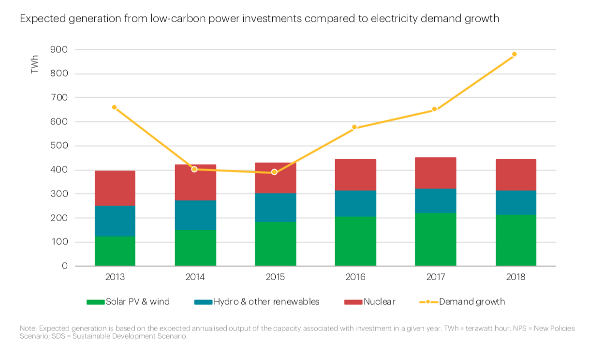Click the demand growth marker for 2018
[x=514, y=54]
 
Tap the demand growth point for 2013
[x=114, y=107]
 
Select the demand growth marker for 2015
[x=274, y=172]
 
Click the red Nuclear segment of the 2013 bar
[x=115, y=188]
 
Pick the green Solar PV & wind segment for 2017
[x=435, y=239]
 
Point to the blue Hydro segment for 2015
[x=275, y=208]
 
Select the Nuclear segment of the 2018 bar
[x=516, y=175]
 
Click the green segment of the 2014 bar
[x=195, y=248]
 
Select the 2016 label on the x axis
[x=355, y=277]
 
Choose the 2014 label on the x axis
[x=195, y=277]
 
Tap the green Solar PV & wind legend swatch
[x=95, y=302]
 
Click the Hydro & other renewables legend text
[x=266, y=302]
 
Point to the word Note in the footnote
[x=28, y=329]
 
